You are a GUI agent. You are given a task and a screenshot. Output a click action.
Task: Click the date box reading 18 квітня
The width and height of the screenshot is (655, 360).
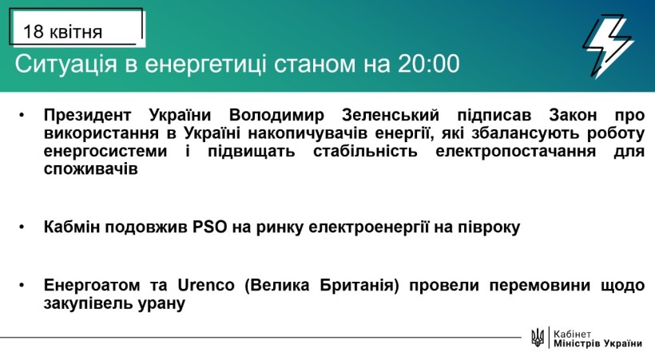[x=77, y=27]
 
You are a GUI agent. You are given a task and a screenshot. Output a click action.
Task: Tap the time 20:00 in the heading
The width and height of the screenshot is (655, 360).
[x=429, y=64]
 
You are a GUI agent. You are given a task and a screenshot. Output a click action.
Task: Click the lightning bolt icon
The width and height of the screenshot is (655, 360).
[x=608, y=46]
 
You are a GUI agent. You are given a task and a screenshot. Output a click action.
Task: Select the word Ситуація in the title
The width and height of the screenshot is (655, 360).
[x=66, y=65]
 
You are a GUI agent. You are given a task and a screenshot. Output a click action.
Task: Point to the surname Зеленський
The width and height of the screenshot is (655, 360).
[x=390, y=114]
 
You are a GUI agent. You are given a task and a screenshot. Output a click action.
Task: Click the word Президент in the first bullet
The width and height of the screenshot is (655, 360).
[x=87, y=115]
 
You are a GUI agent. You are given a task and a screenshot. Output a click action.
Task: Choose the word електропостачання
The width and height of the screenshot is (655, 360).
[x=515, y=151]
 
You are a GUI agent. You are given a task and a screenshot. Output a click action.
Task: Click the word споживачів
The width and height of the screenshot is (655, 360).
[x=90, y=169]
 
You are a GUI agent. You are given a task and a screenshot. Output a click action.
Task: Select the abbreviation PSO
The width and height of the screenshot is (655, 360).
[x=210, y=227]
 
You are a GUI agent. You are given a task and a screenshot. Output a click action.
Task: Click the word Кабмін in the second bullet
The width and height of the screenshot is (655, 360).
[x=72, y=227]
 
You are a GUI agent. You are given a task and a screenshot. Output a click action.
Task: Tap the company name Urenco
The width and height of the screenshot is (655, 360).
[x=206, y=285]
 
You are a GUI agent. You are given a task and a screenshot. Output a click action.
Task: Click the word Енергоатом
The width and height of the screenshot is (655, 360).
[x=92, y=285]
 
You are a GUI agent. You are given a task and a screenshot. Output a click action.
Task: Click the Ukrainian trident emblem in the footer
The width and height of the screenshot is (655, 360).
[x=538, y=337]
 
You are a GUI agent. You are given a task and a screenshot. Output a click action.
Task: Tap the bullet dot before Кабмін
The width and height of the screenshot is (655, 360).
[x=22, y=227]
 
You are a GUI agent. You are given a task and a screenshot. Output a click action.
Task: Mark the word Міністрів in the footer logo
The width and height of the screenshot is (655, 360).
[x=576, y=344]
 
